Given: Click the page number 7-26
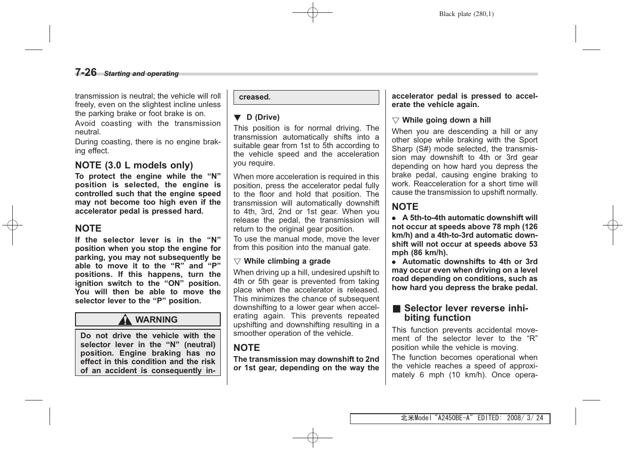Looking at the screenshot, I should point(85,72).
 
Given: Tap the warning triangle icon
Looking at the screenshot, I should point(125,320).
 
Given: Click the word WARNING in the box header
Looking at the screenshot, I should point(156,320).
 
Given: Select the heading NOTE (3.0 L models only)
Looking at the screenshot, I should point(134,165).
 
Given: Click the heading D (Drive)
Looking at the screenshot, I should point(263,117).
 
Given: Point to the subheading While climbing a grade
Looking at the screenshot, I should point(287,261).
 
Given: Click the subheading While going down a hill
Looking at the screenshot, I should point(446,120).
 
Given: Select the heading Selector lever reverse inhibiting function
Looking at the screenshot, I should point(466,313).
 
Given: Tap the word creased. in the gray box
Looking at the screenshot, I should point(255,97).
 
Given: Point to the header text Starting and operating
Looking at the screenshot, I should point(141,74).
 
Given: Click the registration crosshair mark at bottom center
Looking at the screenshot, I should point(312,438).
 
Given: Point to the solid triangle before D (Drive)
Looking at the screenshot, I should point(237,117).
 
